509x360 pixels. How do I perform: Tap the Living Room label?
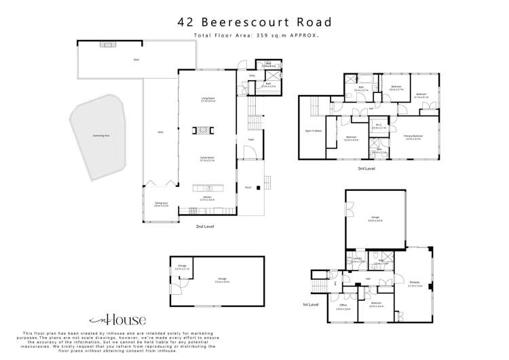pyautogui.click(x=207, y=100)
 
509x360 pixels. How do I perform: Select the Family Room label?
pyautogui.click(x=207, y=158)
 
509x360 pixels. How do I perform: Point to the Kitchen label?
pyautogui.click(x=207, y=198)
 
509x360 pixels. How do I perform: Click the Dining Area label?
pyautogui.click(x=161, y=204)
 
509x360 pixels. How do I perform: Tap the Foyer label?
pyautogui.click(x=250, y=139)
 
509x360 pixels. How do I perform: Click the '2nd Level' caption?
pyautogui.click(x=204, y=226)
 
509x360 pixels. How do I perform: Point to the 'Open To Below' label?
pyautogui.click(x=313, y=131)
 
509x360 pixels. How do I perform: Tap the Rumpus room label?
pyautogui.click(x=415, y=285)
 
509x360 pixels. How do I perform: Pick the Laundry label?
pyautogui.click(x=357, y=259)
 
